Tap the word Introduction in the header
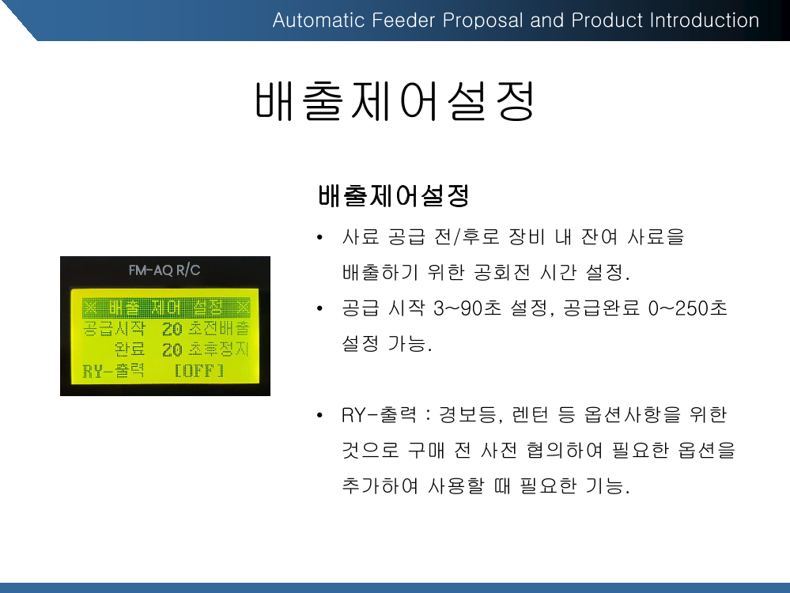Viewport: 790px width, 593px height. pos(705,21)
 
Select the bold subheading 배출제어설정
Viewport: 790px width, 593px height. pos(394,196)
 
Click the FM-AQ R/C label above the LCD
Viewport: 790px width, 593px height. pos(164,270)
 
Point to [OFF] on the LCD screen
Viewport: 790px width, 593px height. pos(199,372)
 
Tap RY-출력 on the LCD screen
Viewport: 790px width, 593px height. pos(113,371)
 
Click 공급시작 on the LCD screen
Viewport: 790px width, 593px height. pos(115,328)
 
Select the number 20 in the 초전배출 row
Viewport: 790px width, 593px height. pos(172,329)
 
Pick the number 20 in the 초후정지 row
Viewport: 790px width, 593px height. pos(172,349)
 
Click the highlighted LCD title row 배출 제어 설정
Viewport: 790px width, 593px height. pos(166,308)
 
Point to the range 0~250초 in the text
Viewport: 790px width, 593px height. pos(688,308)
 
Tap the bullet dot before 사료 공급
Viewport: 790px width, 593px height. pos(319,237)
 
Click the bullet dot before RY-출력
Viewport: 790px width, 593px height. pos(319,416)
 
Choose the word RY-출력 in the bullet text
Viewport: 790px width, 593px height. pos(379,415)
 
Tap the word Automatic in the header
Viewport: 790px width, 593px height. pos(319,21)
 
